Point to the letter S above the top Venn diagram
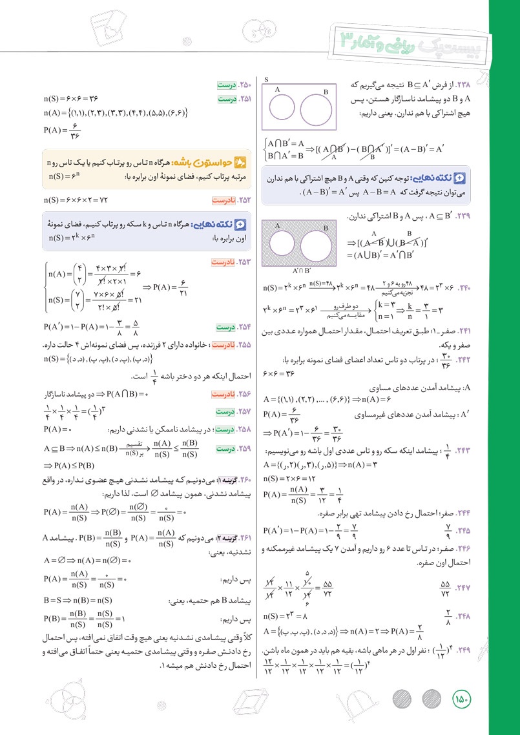[x=266, y=80]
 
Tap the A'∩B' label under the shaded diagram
[x=302, y=271]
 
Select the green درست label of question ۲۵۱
[x=227, y=99]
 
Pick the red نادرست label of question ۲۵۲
[x=225, y=200]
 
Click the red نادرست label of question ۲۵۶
[x=225, y=393]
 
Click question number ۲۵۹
[x=244, y=448]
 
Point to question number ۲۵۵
[x=244, y=346]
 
